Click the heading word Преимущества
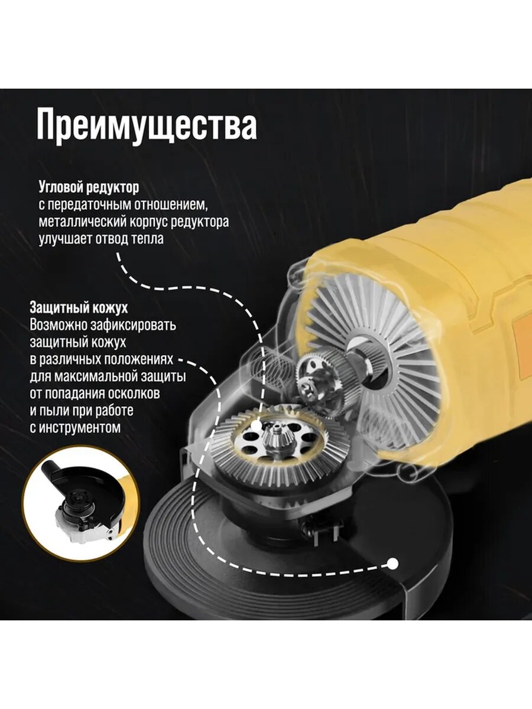point(147,125)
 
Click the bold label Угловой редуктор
point(89,188)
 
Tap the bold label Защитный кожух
point(79,308)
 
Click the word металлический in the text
point(83,222)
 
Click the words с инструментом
point(74,427)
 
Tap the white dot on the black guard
point(392,564)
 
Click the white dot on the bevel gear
point(256,425)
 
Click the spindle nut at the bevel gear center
point(273,437)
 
